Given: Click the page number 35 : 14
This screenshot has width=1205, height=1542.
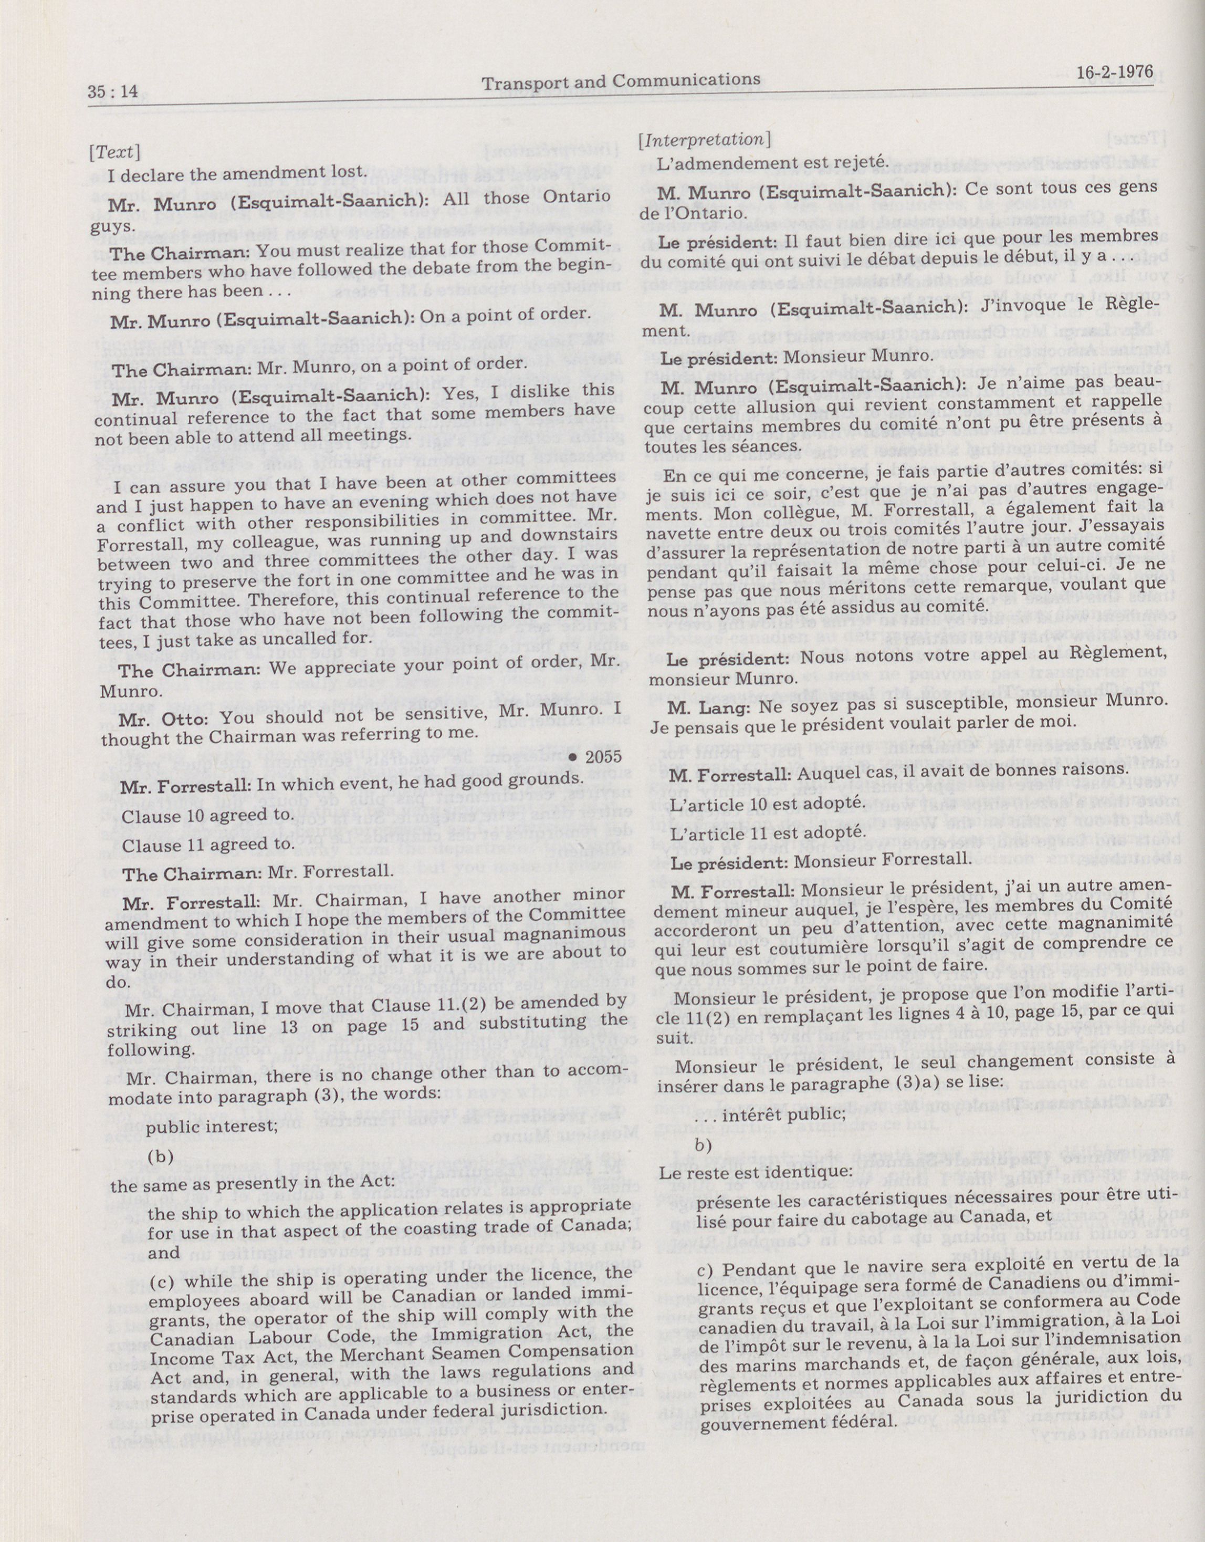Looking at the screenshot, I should [x=113, y=92].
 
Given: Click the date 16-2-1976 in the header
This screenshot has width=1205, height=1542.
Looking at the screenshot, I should [x=1115, y=72].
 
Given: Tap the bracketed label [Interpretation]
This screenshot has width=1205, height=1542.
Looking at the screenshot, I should [x=703, y=140].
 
